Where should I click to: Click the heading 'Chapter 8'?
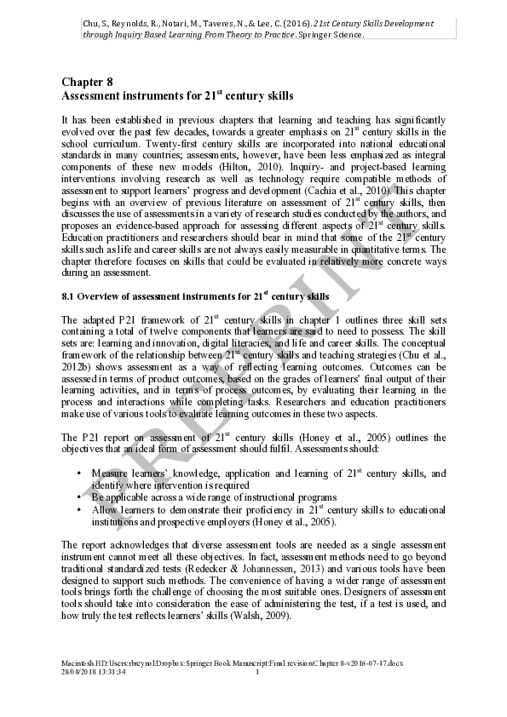(x=87, y=82)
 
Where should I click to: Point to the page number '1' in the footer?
(x=256, y=673)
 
